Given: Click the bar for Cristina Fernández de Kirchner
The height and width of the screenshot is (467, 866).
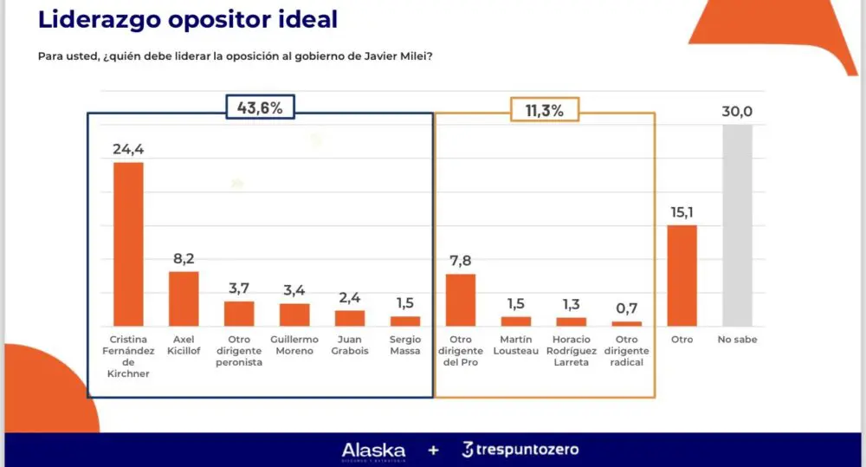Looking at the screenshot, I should click(x=128, y=243).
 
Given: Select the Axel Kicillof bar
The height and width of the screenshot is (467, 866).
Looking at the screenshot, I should click(x=184, y=298).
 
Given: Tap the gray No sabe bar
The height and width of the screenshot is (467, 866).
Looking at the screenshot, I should click(x=738, y=225).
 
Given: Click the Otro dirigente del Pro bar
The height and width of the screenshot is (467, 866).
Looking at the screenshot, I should click(x=461, y=300).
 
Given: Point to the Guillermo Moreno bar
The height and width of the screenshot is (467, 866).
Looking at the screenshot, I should click(x=294, y=315).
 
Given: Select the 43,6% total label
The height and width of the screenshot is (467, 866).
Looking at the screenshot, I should click(x=260, y=108).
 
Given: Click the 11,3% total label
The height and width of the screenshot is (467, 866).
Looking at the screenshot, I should click(x=544, y=110).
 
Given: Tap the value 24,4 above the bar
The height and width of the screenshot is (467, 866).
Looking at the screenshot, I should click(x=128, y=149).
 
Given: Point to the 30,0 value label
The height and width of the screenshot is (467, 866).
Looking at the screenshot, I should click(x=738, y=111).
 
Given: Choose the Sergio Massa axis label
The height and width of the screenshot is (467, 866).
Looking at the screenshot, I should click(x=405, y=345).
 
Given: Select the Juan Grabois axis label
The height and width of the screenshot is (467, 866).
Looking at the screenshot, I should click(x=350, y=345).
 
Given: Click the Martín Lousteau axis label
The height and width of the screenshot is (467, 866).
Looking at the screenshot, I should click(x=516, y=345).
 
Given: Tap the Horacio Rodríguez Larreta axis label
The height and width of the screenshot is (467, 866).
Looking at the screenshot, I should click(x=572, y=350).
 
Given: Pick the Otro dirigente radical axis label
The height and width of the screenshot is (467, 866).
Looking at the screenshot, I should click(x=627, y=350).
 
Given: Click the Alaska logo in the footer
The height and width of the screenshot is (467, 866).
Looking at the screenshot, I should click(x=373, y=450).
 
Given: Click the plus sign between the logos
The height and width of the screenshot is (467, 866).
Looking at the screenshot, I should click(x=433, y=451).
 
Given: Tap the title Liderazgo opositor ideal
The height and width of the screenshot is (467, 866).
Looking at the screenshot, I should click(x=188, y=19).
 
